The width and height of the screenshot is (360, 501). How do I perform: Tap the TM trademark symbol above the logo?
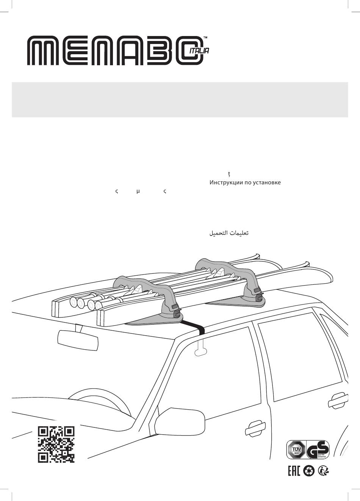pos(205,38)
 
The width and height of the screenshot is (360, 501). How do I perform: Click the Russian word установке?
pos(266,183)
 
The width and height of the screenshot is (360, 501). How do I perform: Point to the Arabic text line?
pos(229,233)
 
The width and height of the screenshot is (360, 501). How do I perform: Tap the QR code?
pos(56,444)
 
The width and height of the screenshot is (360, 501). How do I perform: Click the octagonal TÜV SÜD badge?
pos(296,450)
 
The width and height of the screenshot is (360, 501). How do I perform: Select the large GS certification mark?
pos(318,450)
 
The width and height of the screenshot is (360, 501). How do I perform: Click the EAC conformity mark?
pos(294,471)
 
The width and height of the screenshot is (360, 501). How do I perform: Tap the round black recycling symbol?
pos(309,471)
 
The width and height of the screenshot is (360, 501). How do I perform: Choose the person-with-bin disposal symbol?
pos(324,471)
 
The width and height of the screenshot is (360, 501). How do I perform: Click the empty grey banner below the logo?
pos(180,99)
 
